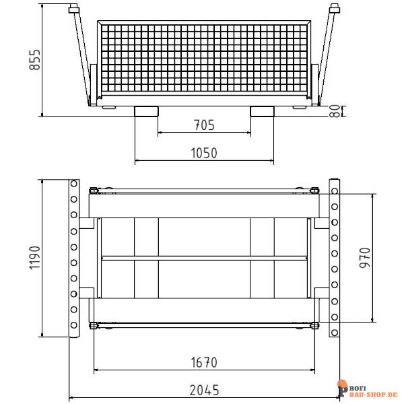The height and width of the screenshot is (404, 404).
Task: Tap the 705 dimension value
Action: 204,125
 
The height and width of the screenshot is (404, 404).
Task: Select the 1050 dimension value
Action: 204,153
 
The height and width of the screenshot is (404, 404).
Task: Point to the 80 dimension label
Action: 334,111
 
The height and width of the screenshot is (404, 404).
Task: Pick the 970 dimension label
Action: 365,257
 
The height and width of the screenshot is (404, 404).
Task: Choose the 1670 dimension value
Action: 204,362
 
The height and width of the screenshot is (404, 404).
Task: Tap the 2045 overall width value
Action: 204,390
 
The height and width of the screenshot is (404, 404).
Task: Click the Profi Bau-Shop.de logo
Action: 366,389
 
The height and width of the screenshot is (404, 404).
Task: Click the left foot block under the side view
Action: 147,111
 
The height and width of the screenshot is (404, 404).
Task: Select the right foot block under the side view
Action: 262,111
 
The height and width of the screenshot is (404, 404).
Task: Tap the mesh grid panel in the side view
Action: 204,61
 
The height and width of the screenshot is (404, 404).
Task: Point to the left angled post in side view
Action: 80,54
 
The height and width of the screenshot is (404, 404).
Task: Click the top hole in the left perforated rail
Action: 73,184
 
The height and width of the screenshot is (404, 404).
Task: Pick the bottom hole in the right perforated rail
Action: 334,331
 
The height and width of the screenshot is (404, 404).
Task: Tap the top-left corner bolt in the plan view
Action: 94,191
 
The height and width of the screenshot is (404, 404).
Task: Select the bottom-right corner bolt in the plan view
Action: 314,327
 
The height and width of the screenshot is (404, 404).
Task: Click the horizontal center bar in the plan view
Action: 204,258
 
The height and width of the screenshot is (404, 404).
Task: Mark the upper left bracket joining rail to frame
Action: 86,223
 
